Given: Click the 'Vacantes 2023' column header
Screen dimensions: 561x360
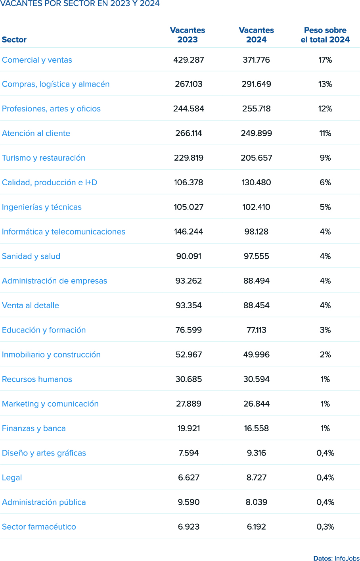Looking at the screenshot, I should coord(188,35).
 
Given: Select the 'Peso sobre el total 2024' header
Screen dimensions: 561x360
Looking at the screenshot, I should coord(325,35).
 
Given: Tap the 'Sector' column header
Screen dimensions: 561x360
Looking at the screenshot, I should coord(14,40).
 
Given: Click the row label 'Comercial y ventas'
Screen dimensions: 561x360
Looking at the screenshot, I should coord(37,60).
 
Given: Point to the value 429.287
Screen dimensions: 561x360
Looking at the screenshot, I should coord(188,60).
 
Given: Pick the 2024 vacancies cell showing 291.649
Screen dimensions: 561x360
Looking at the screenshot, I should coord(257,84).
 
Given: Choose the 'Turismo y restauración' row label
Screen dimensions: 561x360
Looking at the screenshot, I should coord(44,158).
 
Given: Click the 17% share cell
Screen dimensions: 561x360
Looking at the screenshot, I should coord(325,60).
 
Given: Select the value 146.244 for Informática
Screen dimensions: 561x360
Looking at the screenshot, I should coord(188,232).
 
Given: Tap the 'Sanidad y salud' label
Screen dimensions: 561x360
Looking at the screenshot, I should coord(31,256).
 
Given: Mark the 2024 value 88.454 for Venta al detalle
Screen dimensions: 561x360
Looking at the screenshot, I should coord(257,305).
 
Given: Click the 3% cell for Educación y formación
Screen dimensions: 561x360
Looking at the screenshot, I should coord(325,330).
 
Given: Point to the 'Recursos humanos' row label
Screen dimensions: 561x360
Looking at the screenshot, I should coord(37,379).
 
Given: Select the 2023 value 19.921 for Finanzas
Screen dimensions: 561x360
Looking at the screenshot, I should coord(188,428).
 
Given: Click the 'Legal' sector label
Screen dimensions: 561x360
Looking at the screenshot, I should coord(12,478).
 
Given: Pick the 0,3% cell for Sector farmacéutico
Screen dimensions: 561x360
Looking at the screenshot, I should coord(325,527).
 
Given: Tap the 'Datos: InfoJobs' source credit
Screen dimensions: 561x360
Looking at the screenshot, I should coord(336,558).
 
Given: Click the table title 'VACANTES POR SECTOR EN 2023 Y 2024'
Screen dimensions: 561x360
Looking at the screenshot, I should coord(80,4).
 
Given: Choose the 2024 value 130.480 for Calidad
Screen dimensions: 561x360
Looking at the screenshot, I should coord(257,183).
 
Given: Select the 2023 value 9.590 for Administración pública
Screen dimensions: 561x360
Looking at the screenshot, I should coord(188,502).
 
